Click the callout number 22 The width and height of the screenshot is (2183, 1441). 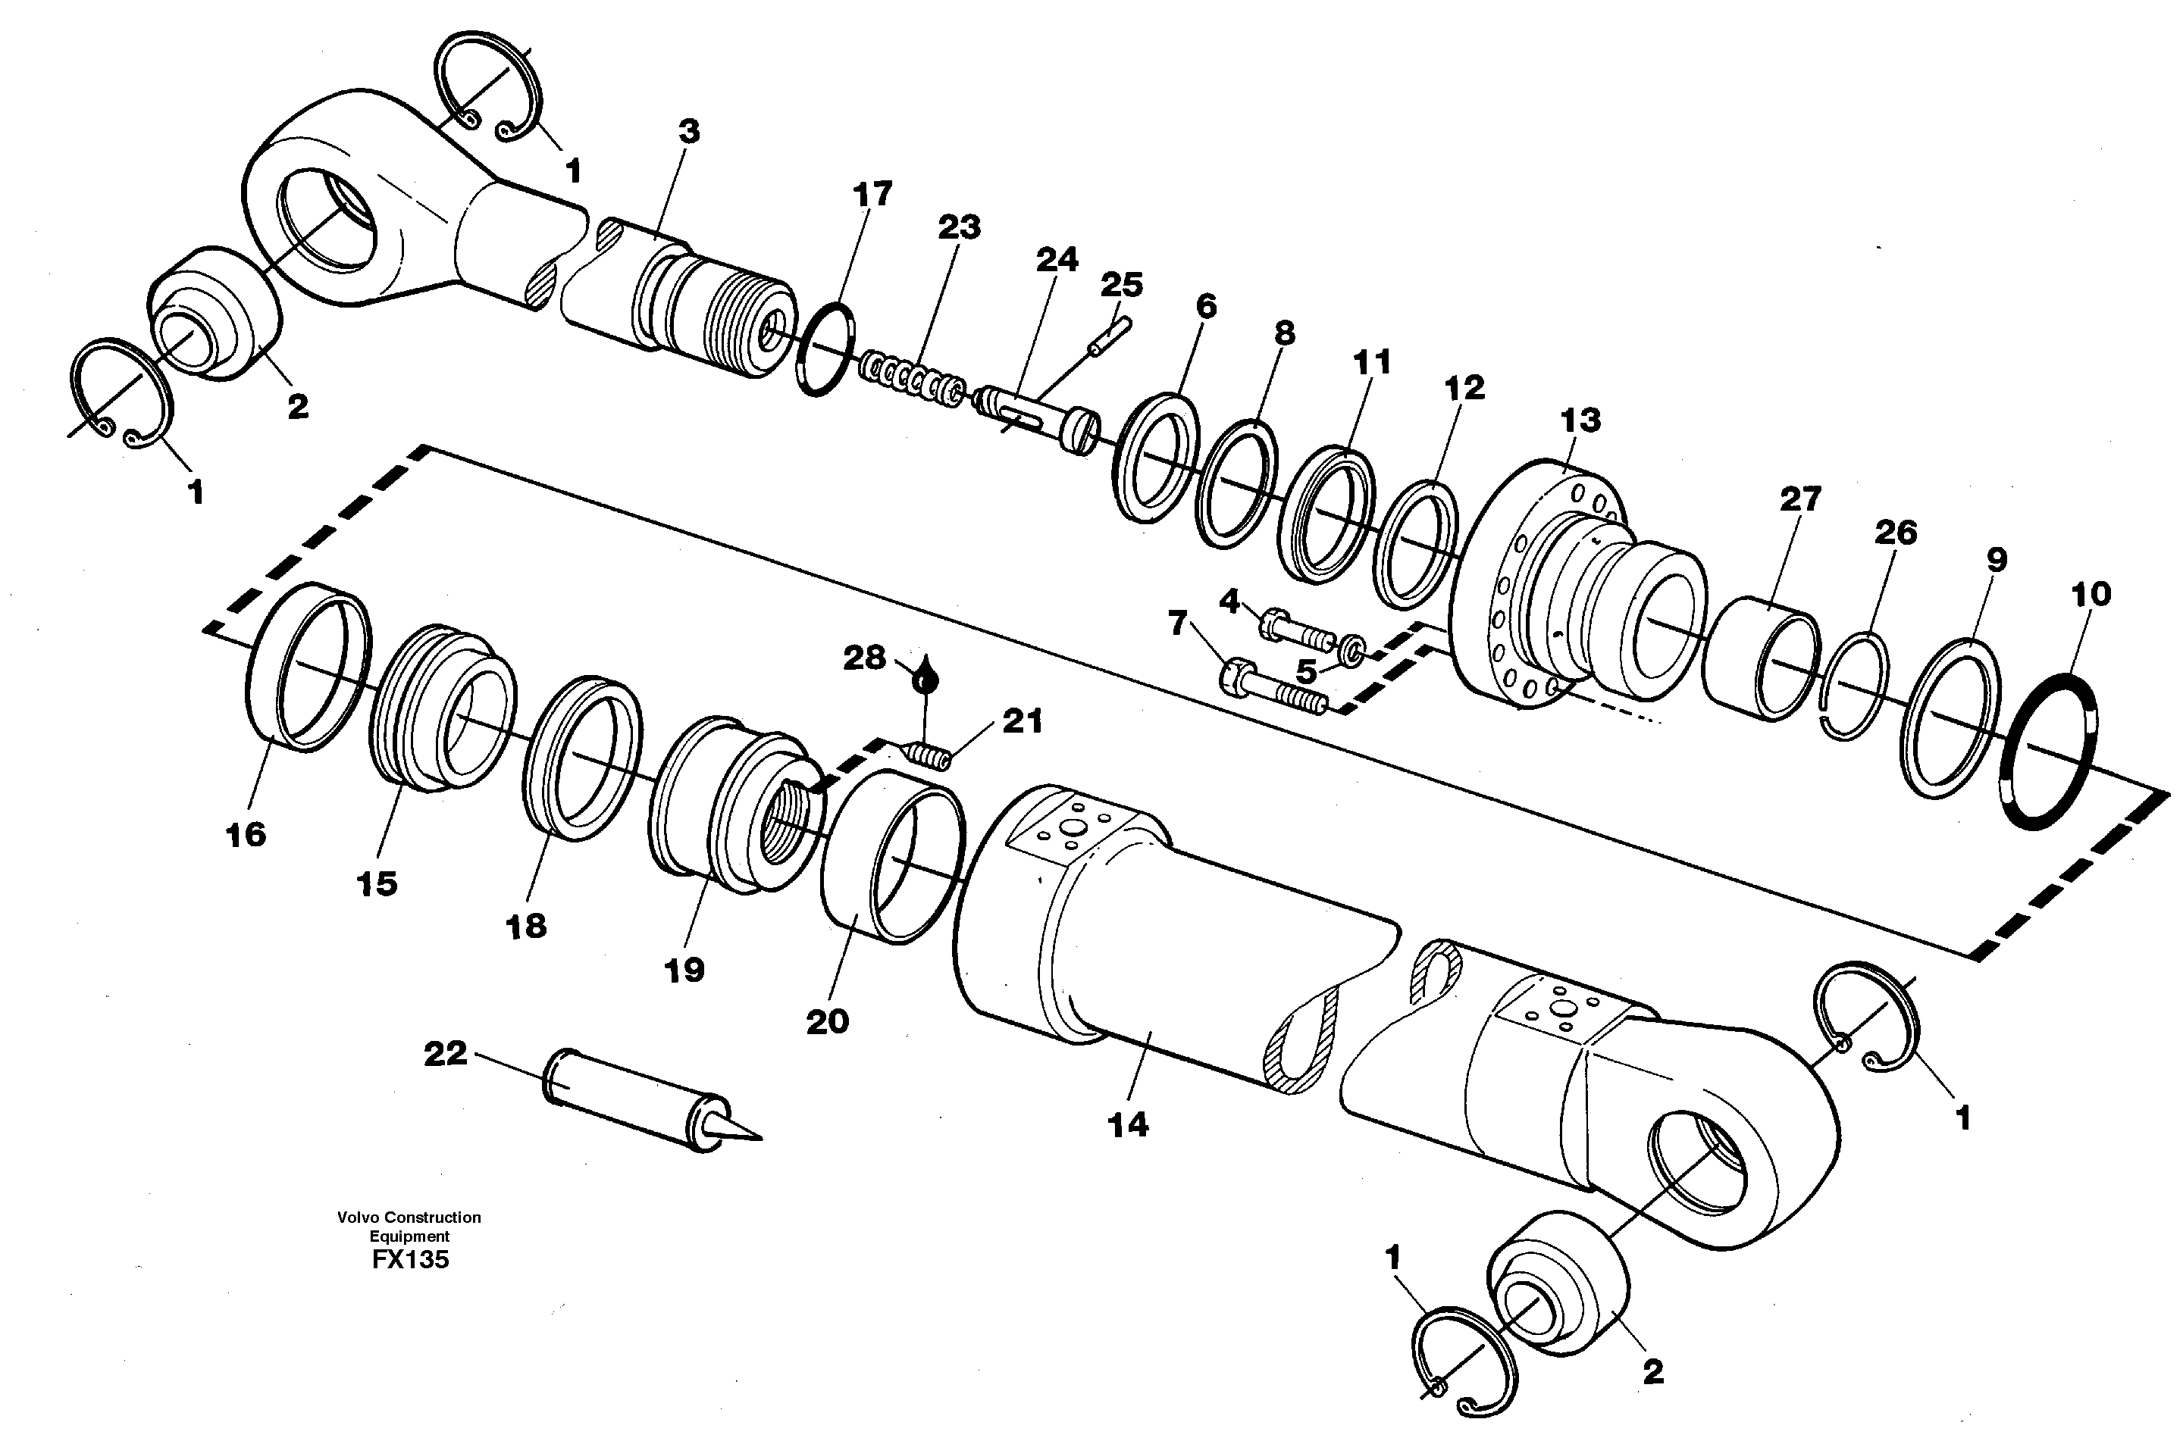tap(445, 1053)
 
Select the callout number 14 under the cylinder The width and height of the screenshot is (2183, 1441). tap(1128, 1125)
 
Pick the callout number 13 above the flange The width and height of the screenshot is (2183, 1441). tap(1580, 421)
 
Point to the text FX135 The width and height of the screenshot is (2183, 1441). tap(410, 1260)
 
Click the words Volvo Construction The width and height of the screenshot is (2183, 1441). tap(409, 1218)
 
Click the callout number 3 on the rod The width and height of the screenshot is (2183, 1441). tap(689, 131)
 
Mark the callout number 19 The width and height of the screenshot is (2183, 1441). tap(684, 970)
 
